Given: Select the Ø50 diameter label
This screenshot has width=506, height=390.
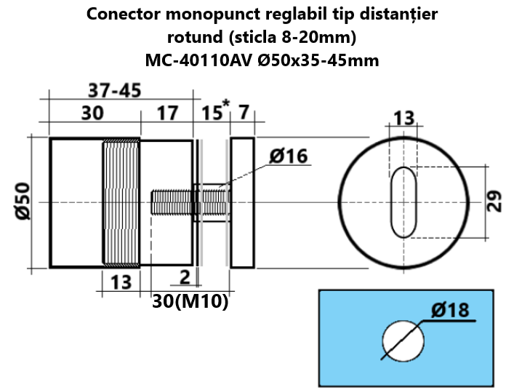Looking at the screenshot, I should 23,202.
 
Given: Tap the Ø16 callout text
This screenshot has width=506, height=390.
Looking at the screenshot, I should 288,156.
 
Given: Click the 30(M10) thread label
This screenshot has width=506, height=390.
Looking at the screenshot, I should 190,301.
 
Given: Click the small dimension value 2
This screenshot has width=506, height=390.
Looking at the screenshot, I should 184,276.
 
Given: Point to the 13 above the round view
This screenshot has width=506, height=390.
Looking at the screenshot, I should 403,119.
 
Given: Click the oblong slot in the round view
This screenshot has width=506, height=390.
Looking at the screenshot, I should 403,202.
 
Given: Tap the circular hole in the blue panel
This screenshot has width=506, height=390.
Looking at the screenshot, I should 403,339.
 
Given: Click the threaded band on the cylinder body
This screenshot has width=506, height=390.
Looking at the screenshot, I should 121,202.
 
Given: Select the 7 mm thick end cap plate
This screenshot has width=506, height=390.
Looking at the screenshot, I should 243,202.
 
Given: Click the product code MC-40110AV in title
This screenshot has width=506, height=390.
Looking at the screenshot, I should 198,60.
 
